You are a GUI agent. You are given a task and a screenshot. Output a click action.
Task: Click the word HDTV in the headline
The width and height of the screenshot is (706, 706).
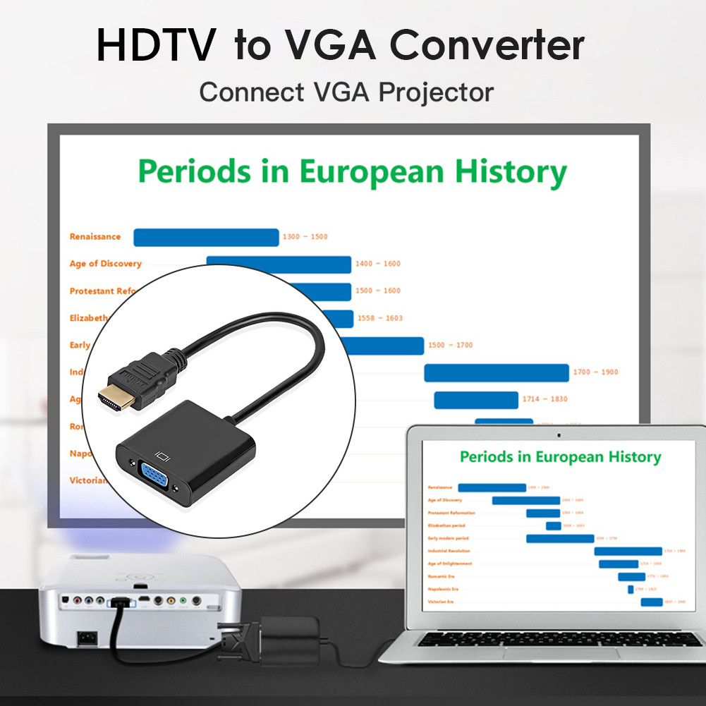click(x=156, y=44)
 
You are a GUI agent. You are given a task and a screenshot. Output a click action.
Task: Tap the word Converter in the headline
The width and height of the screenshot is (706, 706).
click(x=487, y=44)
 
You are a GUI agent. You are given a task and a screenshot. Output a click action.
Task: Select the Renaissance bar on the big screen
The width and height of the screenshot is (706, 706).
click(x=206, y=238)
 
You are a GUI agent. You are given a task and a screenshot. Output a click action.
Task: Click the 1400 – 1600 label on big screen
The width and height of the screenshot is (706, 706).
click(x=377, y=264)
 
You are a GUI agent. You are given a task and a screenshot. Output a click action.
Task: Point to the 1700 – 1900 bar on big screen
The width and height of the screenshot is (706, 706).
click(x=496, y=372)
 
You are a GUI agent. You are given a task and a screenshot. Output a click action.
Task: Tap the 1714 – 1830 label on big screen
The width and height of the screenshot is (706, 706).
click(x=544, y=399)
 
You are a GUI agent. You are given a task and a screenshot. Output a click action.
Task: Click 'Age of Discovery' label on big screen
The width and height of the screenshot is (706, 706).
click(x=105, y=264)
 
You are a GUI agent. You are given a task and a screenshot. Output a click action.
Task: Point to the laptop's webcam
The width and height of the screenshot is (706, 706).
click(x=559, y=434)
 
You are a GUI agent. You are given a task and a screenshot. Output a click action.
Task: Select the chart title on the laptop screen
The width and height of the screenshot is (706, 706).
click(x=560, y=457)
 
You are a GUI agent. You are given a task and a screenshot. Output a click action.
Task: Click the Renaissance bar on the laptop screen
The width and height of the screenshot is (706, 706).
click(x=492, y=487)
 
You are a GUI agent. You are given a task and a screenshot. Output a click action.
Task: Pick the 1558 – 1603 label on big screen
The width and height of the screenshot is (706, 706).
click(x=380, y=318)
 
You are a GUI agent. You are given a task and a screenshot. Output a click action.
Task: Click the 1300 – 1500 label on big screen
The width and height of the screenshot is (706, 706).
click(x=305, y=237)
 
